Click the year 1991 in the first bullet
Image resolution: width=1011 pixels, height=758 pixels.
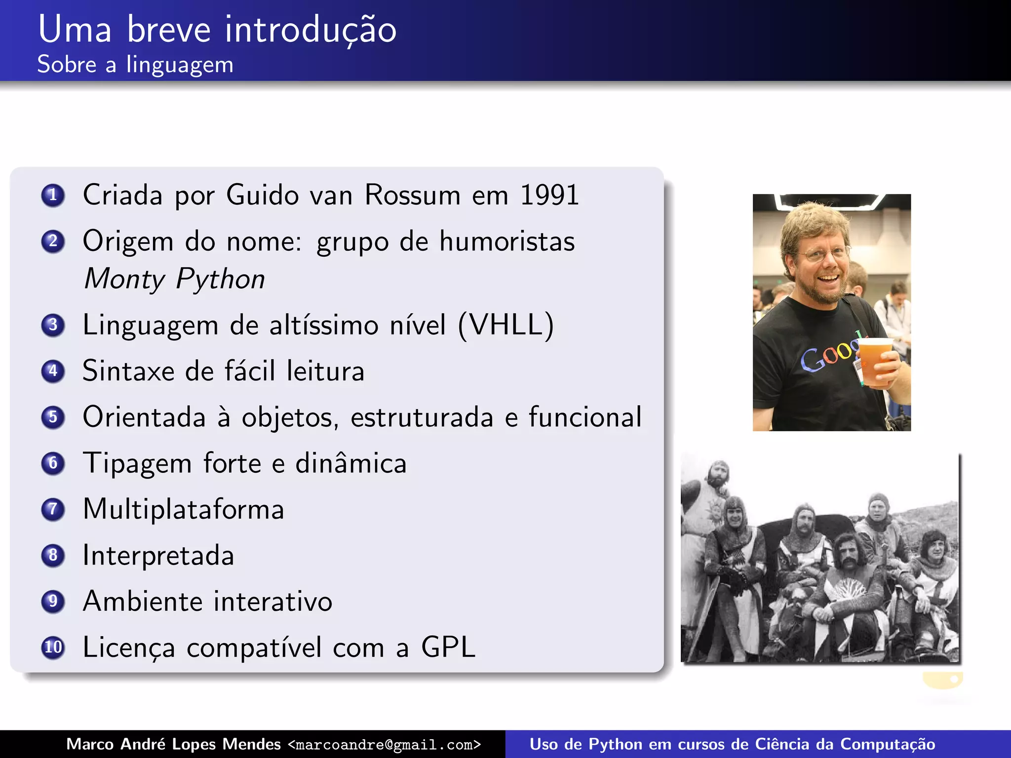[x=549, y=195]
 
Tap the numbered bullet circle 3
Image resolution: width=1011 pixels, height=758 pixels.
[x=53, y=325]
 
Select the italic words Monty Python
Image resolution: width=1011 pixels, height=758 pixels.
[x=174, y=279]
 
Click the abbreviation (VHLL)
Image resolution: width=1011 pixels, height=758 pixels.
[x=506, y=325]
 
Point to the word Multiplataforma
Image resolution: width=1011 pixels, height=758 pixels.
[x=183, y=509]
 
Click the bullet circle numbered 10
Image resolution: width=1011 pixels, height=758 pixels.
[x=53, y=647]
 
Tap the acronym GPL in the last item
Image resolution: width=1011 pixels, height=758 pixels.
[x=448, y=647]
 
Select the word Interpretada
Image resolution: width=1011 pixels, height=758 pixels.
[x=158, y=555]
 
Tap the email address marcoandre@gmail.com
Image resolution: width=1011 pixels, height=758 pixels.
[x=384, y=745]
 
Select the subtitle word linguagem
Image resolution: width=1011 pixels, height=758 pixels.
[x=180, y=65]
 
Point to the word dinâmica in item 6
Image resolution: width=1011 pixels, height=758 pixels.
[x=350, y=463]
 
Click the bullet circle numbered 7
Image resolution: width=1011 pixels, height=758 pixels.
[x=53, y=509]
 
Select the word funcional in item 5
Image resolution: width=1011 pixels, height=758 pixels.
[x=585, y=417]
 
